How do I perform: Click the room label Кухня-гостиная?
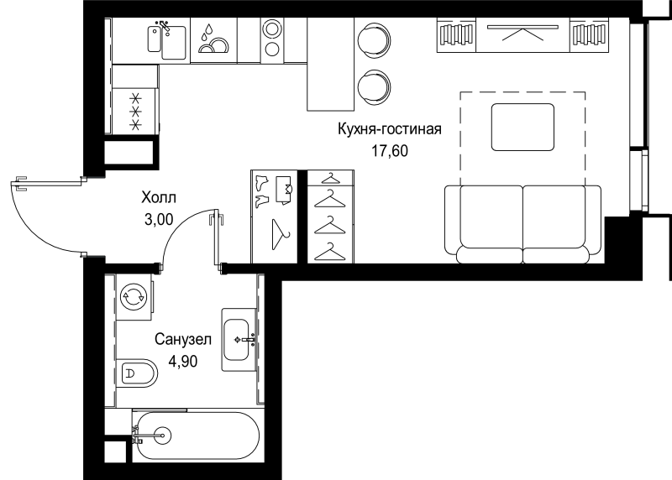pos(390,129)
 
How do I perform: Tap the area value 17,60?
pos(390,151)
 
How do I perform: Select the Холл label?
pos(159,197)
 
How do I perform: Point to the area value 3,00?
pos(159,219)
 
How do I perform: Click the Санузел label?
pos(183,339)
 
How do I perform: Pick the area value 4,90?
pos(183,362)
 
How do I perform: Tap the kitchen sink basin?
pos(174,43)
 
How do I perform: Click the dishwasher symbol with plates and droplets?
pos(213,39)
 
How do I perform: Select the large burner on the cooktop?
pos(272,29)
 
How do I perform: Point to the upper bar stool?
pos(373,39)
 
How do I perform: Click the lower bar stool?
pos(373,86)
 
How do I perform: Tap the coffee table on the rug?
pos(522,128)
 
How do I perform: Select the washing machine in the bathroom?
pos(134,296)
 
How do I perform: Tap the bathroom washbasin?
pos(236,340)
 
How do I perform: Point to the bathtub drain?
pos(163,436)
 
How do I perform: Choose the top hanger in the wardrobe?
pos(330,177)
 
